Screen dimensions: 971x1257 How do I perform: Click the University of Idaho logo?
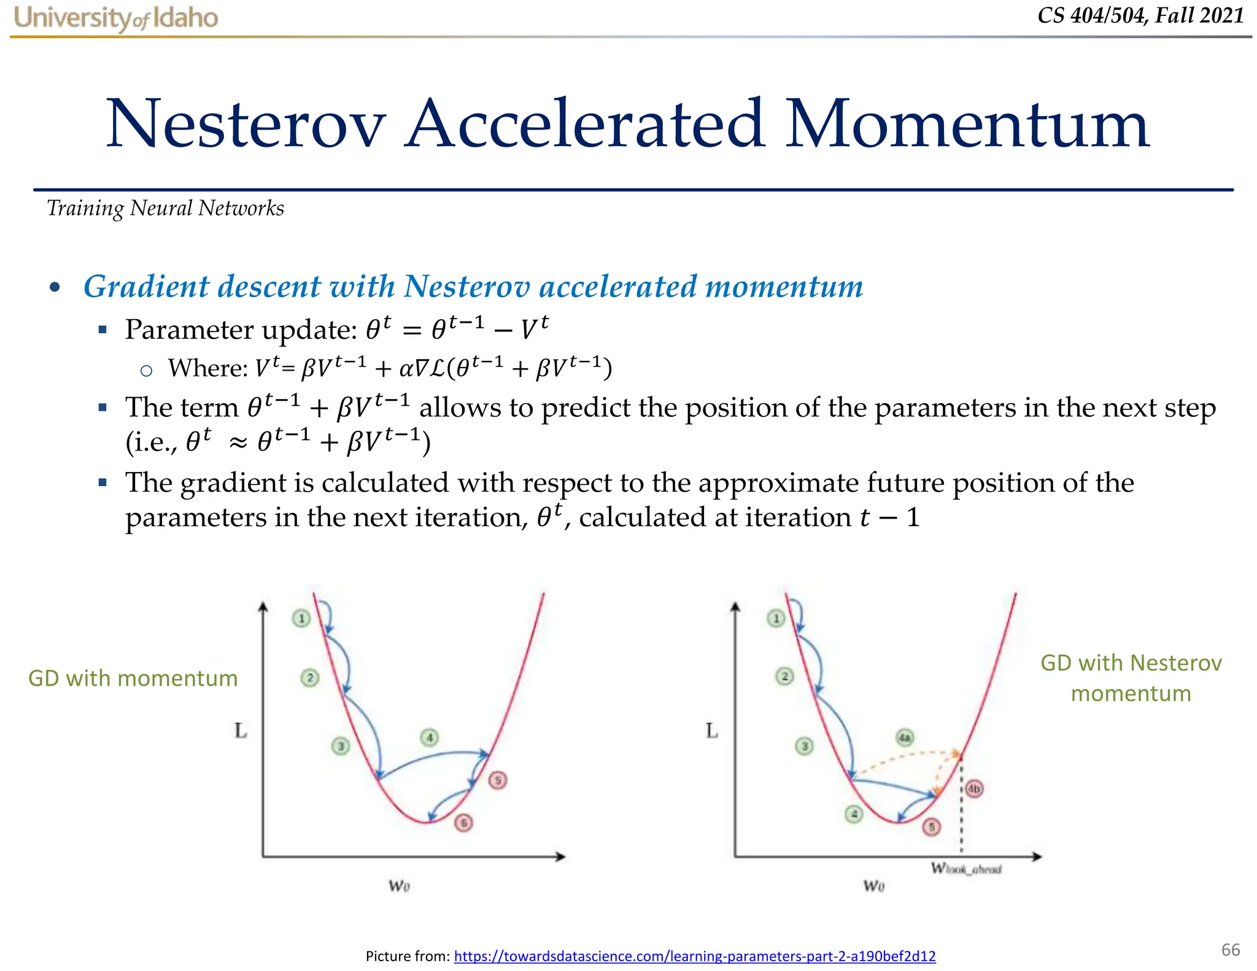tap(116, 18)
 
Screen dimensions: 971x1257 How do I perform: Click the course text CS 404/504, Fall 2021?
tap(1140, 15)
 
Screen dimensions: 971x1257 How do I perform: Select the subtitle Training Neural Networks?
tap(166, 209)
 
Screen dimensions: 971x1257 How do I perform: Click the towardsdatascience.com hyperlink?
tap(694, 956)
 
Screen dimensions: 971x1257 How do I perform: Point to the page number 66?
tap(1230, 950)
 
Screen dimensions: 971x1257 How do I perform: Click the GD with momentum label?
tap(133, 678)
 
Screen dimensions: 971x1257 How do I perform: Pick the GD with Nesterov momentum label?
tap(1131, 678)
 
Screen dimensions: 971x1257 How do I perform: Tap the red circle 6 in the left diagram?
tap(464, 822)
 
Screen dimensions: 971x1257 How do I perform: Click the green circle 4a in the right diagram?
tap(905, 737)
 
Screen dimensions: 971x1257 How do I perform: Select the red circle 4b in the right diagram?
tap(974, 789)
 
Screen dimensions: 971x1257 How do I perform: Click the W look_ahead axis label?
tap(966, 868)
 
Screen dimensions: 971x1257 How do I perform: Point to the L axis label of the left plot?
tap(241, 730)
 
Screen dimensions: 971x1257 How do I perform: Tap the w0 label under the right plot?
tap(873, 885)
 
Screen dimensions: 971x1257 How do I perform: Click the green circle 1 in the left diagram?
tap(301, 618)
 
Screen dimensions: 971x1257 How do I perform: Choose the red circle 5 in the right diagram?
tap(932, 827)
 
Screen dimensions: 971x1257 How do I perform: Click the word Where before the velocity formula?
tap(207, 368)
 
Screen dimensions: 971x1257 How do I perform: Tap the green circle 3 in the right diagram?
tap(804, 746)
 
